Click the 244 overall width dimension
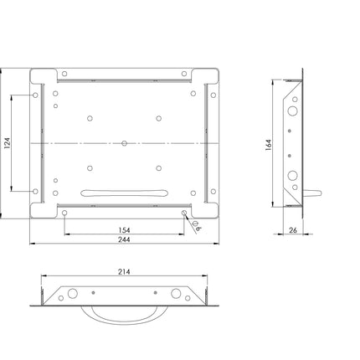(124, 239)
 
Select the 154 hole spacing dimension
(124, 230)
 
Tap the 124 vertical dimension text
(7, 143)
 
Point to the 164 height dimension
(268, 145)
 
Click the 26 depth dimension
(293, 230)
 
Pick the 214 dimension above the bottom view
(124, 271)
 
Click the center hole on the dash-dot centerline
(125, 143)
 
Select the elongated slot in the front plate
(124, 193)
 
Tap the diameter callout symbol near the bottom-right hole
(196, 224)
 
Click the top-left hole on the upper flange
(64, 74)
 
